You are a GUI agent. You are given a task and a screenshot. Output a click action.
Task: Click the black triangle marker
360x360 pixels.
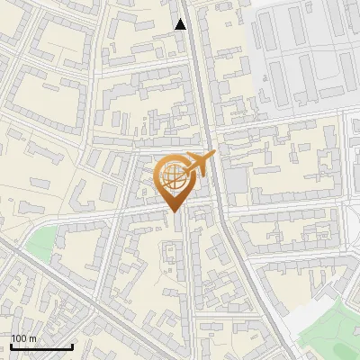181,24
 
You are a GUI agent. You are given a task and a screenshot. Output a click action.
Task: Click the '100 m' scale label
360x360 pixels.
23,338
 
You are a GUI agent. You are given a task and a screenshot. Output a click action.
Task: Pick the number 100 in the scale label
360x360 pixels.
19,338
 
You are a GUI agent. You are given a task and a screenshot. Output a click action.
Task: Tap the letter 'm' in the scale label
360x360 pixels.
32,338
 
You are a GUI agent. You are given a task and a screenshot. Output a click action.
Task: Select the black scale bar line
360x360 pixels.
41,346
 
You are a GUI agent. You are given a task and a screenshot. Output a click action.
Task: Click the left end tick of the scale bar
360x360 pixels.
11,346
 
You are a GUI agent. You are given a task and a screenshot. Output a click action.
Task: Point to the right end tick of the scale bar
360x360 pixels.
72,346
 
